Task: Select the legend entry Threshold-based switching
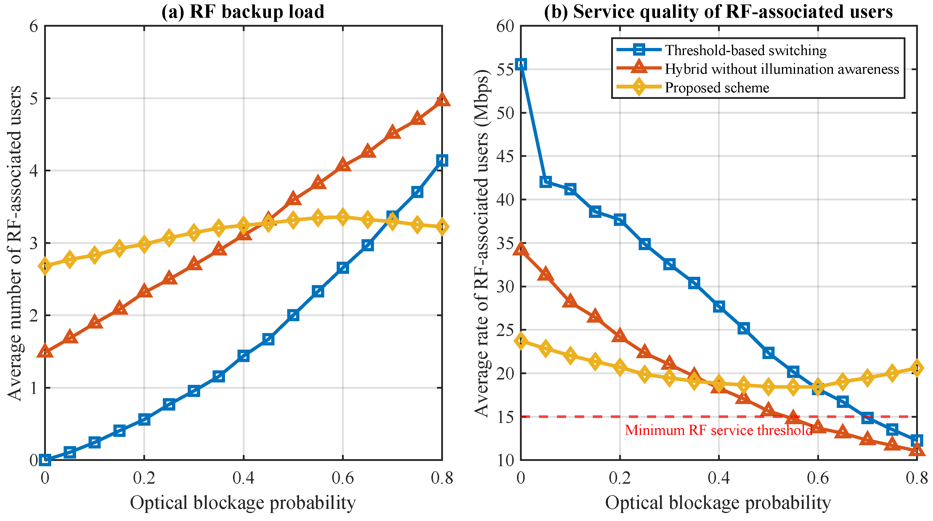[745, 50]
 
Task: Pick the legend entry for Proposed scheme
[717, 88]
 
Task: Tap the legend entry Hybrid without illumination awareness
[782, 69]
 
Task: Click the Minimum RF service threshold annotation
[718, 430]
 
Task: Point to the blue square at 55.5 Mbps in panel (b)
[521, 65]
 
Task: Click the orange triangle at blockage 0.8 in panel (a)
[442, 99]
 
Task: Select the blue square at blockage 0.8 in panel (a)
[442, 160]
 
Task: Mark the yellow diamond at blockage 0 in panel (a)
[45, 266]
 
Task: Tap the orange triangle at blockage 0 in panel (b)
[521, 249]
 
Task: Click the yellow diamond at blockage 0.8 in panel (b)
[917, 368]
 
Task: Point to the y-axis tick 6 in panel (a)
[34, 26]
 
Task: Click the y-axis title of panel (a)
[15, 243]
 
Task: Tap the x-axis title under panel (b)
[718, 503]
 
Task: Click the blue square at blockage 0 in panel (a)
[45, 460]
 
